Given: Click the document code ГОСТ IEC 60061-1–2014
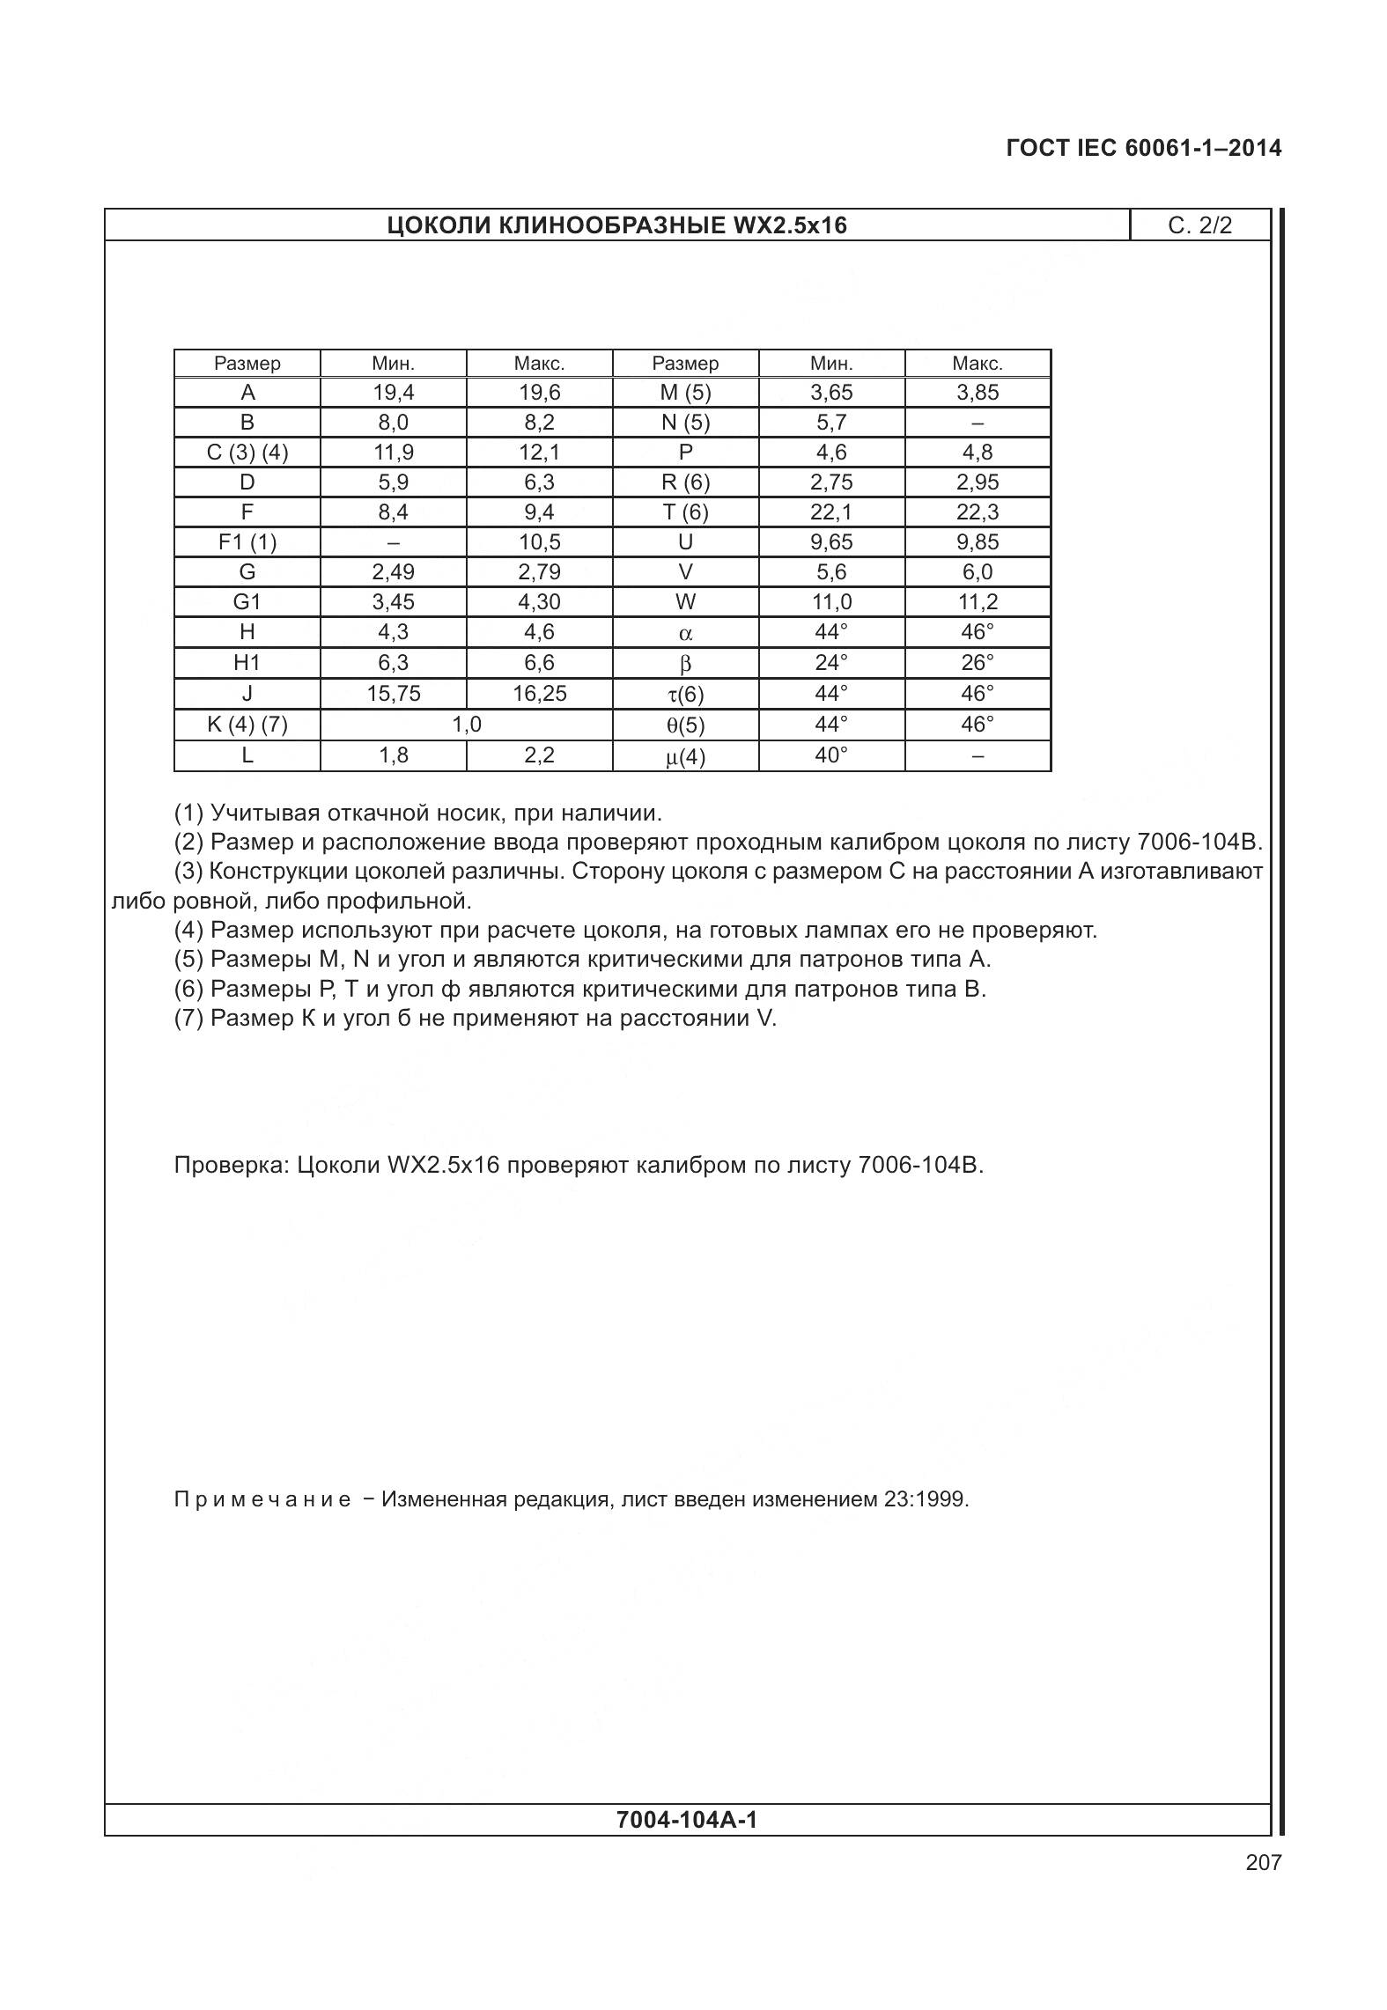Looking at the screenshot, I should tap(1143, 148).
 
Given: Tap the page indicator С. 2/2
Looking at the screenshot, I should tap(1199, 225).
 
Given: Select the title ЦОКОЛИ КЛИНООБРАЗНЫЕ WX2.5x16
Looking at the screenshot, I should tap(616, 226).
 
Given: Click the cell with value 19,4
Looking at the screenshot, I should tap(393, 393).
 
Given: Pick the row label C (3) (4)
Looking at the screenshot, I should tap(247, 453).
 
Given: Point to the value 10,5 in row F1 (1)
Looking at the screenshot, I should tap(539, 542).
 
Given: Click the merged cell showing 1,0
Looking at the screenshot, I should tap(466, 725).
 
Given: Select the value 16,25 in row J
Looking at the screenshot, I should tap(539, 694).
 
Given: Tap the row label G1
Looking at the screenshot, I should tap(247, 602).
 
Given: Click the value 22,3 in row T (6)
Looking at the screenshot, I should tap(977, 512).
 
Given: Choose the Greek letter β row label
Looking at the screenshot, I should tap(685, 664).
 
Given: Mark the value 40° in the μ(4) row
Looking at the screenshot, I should tap(830, 755).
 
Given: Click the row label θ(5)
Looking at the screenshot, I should tap(685, 725).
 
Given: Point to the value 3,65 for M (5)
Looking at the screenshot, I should tap(830, 393).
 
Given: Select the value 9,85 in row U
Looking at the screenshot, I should tap(977, 542).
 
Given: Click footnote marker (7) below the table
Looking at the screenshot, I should tap(189, 1019).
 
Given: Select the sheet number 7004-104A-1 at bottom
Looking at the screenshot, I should tap(687, 1820).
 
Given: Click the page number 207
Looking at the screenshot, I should tap(1263, 1862).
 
